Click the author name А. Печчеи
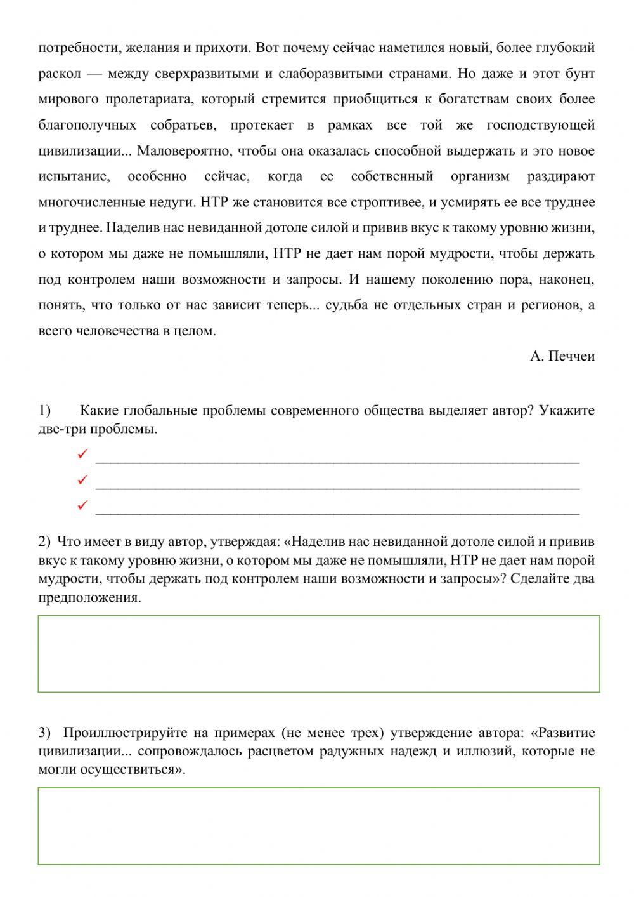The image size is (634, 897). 562,356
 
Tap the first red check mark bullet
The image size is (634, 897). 82,455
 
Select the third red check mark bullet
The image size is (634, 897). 82,505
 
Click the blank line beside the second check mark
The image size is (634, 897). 337,486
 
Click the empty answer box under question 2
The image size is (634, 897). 318,653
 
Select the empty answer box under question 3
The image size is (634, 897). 318,826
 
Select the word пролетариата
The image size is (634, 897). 143,100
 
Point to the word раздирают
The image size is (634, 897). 560,176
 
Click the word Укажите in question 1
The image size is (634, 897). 567,411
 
